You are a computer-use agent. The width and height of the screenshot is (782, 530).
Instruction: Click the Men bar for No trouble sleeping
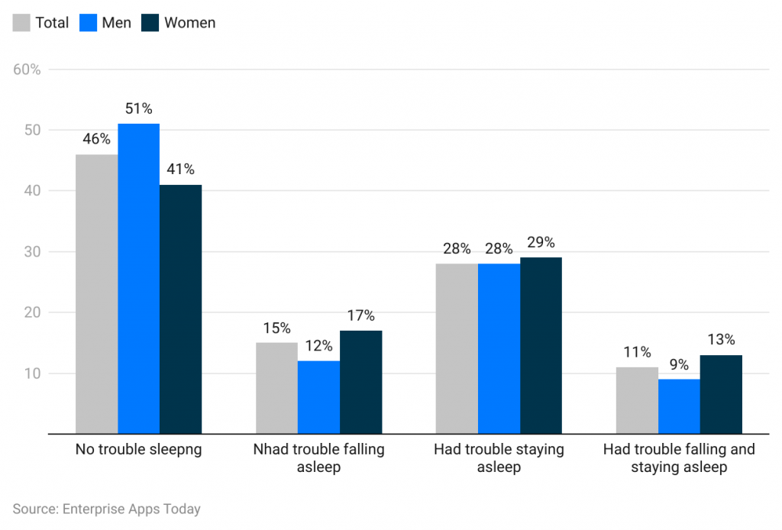click(x=138, y=279)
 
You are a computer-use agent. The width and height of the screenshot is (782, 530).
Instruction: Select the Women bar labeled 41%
click(x=181, y=309)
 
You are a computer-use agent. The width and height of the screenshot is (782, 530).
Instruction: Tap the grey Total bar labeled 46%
click(x=96, y=294)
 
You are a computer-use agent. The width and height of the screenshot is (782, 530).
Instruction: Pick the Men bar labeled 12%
click(x=318, y=397)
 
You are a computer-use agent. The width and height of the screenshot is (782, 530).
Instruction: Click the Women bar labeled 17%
click(x=360, y=382)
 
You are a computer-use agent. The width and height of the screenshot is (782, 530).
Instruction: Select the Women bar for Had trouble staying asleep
click(x=541, y=345)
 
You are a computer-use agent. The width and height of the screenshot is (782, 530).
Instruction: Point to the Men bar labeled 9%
click(x=679, y=406)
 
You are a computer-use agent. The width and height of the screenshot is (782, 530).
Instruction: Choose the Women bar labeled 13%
click(x=721, y=394)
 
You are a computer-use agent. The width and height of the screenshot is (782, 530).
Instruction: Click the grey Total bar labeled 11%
click(x=637, y=400)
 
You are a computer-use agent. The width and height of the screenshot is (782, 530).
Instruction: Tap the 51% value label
click(x=138, y=108)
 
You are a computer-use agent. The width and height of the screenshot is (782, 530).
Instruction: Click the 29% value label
click(x=541, y=242)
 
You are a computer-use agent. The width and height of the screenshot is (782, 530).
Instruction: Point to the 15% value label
click(x=276, y=328)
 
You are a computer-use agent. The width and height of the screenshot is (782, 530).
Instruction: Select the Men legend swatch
click(x=88, y=23)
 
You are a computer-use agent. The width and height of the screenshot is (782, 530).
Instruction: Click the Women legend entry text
click(x=189, y=23)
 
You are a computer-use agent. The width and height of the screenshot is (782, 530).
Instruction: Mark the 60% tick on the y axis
click(x=27, y=69)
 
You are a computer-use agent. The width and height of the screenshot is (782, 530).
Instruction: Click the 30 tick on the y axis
click(x=32, y=252)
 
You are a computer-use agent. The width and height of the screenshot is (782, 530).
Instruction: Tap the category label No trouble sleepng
click(x=138, y=449)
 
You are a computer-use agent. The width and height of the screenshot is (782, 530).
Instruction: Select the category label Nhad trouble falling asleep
click(x=318, y=457)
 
